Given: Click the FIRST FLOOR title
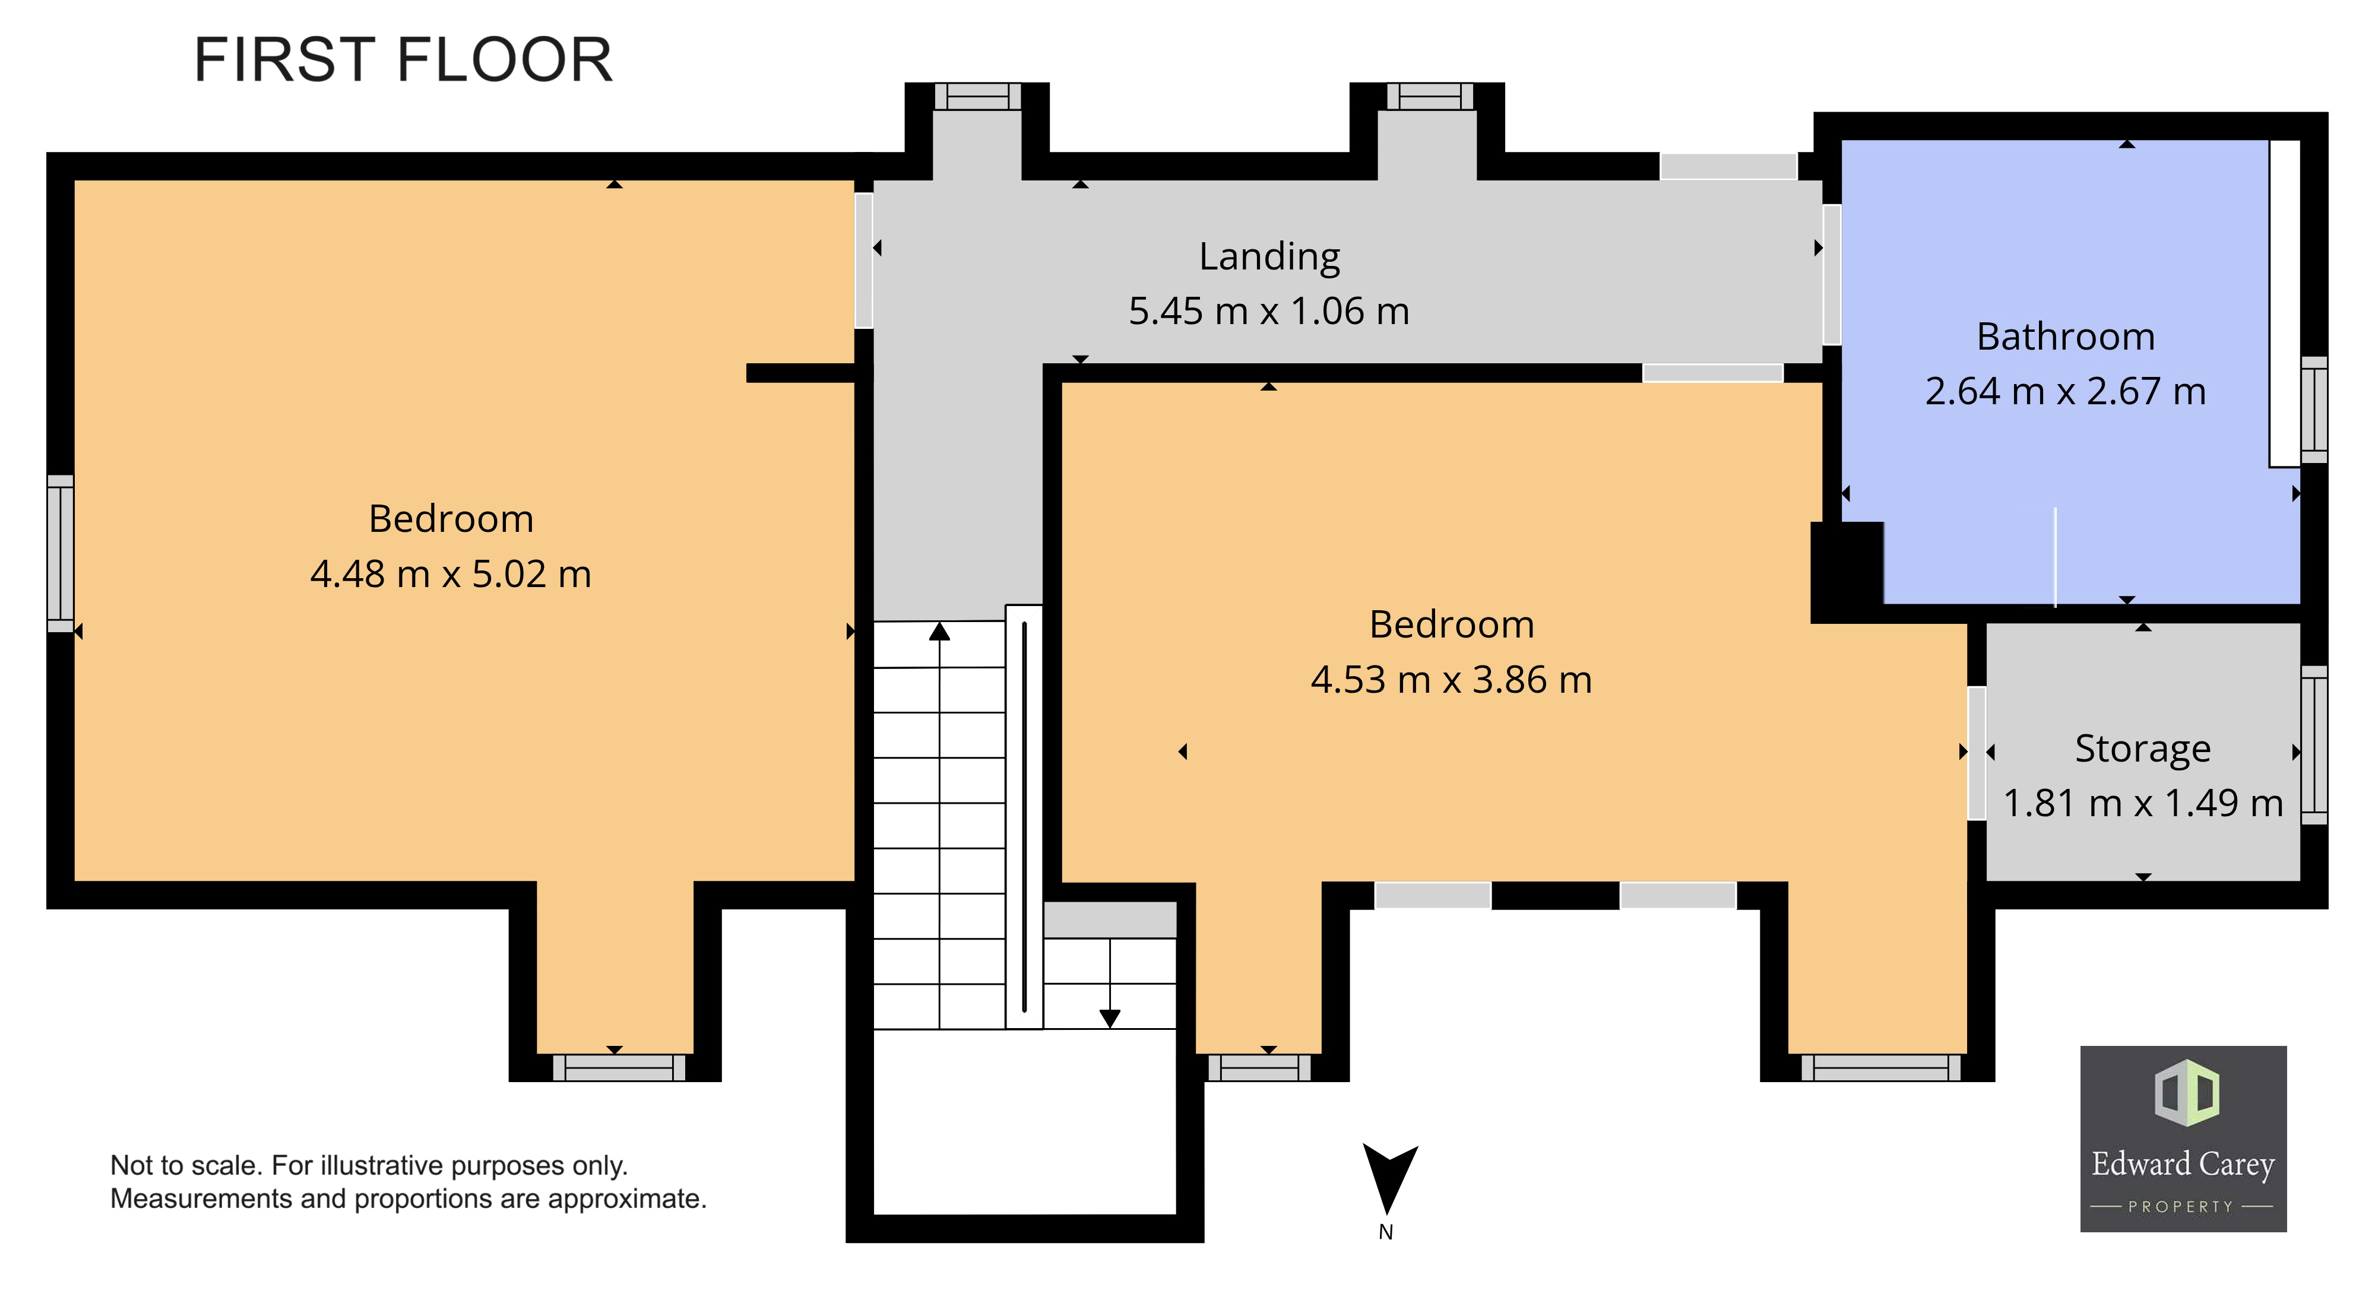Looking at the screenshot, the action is pos(403,60).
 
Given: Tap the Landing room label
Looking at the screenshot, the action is pos(1269,257).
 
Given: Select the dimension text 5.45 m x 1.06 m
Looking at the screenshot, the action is pos(1269,312).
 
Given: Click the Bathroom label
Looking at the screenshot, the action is pos(2065,337).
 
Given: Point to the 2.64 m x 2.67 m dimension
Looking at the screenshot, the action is pos(2065,392).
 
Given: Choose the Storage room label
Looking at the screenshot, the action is pos(2143,749).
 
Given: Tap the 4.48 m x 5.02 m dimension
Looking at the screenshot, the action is pos(450,574).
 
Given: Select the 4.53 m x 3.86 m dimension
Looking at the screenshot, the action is pos(1451,680).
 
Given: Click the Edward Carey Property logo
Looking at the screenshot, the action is pos(2183,1139).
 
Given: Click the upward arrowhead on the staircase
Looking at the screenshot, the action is pos(939,631).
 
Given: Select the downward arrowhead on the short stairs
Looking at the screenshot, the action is pos(1110,1019).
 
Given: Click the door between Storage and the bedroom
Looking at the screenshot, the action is pos(1977,753).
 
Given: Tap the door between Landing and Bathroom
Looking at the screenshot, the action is pos(1832,275).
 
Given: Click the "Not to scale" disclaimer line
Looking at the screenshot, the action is pos(369,1166).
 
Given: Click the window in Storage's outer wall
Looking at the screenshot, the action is pos(2314,744).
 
